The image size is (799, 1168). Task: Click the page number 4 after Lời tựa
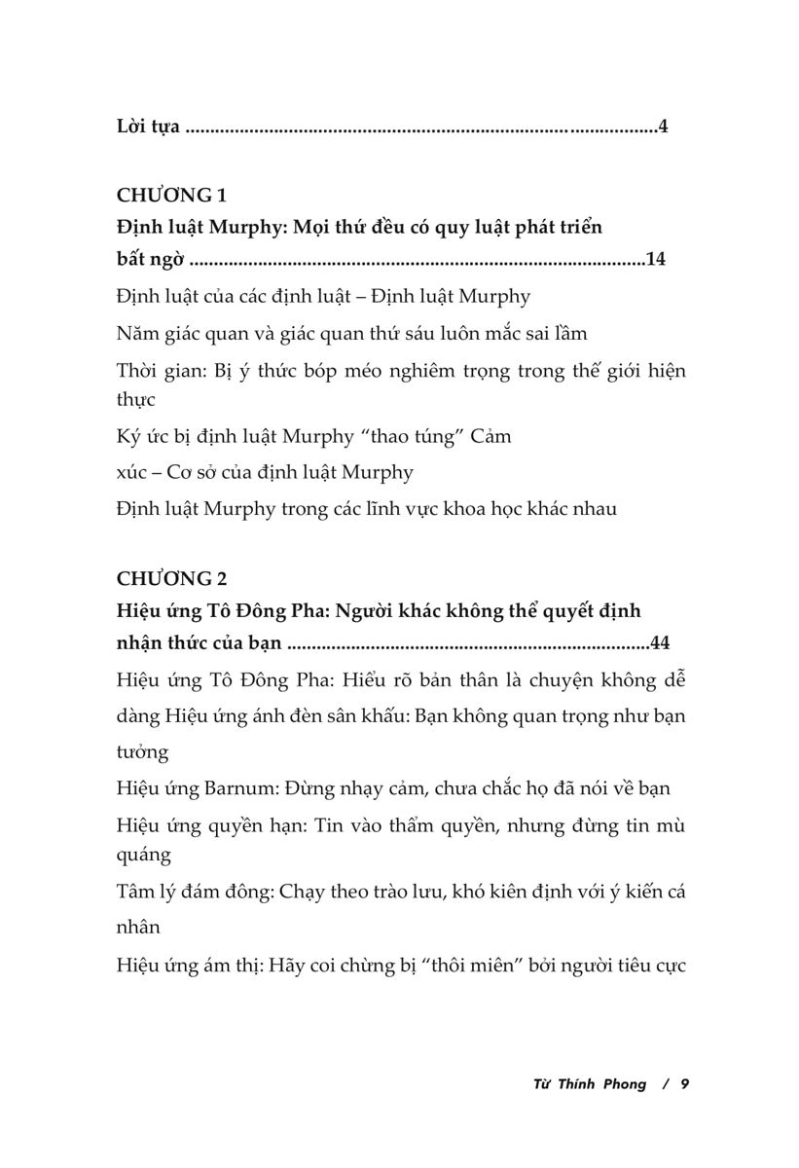coord(663,128)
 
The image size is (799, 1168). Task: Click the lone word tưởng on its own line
coord(142,752)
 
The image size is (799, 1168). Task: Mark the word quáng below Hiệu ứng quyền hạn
coord(143,856)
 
